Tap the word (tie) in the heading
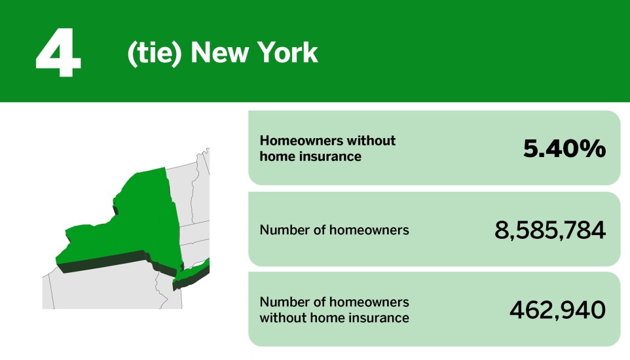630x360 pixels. coord(154,53)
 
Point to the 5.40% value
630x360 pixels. coord(564,149)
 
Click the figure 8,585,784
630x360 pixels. coord(550,230)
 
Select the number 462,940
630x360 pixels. coord(557,310)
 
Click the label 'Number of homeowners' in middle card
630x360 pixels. coord(334,230)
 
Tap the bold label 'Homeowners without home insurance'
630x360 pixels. coord(327,149)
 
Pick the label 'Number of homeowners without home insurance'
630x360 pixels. coord(334,310)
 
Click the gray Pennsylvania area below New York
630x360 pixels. coord(98,288)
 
